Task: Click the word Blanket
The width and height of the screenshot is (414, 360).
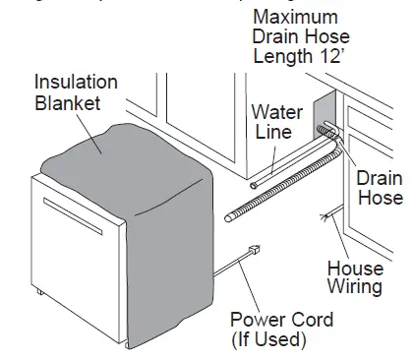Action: tap(67, 101)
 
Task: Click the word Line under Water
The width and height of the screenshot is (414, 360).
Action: tap(272, 132)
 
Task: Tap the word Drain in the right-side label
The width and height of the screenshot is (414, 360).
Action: tap(379, 178)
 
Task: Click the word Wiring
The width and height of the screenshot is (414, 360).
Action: tap(355, 287)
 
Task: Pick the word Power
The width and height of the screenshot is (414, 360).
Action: tap(255, 321)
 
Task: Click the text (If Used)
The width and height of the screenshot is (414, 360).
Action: tap(269, 340)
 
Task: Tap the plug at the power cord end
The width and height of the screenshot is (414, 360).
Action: tap(253, 252)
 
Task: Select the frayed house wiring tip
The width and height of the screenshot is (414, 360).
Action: tap(322, 213)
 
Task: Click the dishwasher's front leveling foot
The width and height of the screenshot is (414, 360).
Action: tap(39, 291)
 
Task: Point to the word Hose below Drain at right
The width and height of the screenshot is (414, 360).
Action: tap(380, 198)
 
